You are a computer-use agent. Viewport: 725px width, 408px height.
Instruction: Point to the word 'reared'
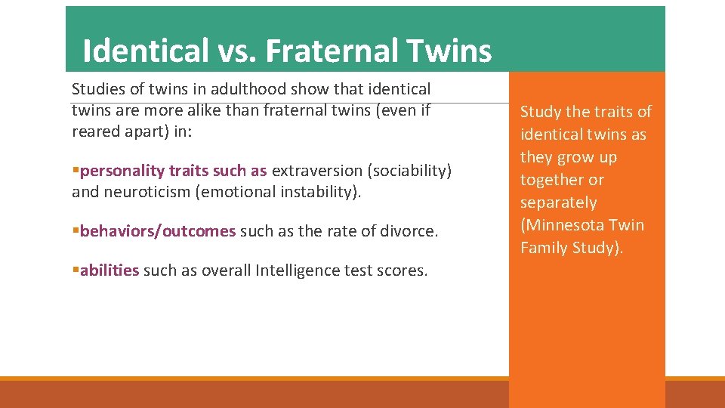(x=95, y=131)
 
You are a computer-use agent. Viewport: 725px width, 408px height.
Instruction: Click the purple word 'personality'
(x=122, y=171)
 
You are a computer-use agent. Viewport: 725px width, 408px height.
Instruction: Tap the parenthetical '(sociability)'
(x=409, y=171)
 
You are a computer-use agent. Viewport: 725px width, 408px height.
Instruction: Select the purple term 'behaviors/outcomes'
(x=157, y=231)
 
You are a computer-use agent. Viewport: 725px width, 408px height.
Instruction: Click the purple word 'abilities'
(x=110, y=270)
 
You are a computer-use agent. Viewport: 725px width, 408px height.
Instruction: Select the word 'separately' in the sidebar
(x=558, y=202)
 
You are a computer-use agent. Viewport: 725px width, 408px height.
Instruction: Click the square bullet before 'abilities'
(x=76, y=270)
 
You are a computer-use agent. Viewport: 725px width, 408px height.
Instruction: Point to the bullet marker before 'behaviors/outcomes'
(x=76, y=231)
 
